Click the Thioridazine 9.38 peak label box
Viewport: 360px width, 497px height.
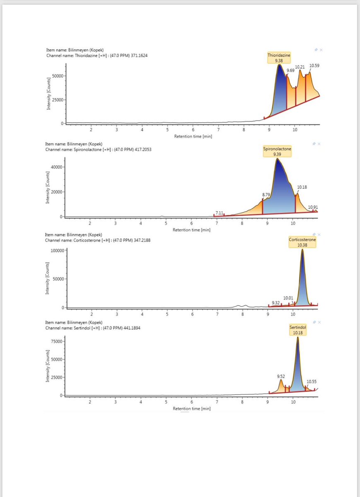tap(279, 57)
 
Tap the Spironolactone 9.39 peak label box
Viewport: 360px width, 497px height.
tap(277, 151)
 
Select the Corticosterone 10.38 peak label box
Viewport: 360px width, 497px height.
tap(302, 242)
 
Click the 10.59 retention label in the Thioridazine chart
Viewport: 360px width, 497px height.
tap(314, 65)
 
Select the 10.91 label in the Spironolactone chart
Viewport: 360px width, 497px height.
tap(313, 207)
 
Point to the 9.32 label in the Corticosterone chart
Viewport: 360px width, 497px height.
tap(276, 303)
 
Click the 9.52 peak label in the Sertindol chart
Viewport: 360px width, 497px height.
tap(281, 376)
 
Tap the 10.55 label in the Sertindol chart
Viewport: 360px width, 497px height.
tap(311, 381)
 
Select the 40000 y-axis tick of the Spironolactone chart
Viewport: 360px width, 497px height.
tap(56, 167)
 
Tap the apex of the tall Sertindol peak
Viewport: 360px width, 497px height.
tap(297, 337)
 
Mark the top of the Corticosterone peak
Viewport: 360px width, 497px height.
tap(302, 250)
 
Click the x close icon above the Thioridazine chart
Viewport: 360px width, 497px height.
tap(321, 50)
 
